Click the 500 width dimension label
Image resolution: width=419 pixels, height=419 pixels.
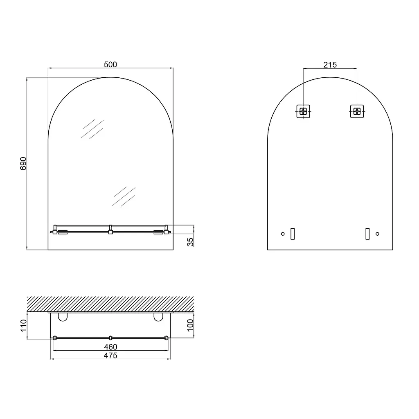tap(110, 64)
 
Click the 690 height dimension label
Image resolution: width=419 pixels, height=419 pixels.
tap(23, 164)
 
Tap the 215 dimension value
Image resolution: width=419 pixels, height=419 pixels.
tap(330, 65)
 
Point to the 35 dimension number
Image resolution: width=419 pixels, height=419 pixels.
tap(190, 242)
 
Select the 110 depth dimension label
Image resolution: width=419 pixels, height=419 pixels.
tap(23, 326)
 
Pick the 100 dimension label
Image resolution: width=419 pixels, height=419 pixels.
tap(190, 325)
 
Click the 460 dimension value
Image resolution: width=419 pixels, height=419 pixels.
tap(110, 347)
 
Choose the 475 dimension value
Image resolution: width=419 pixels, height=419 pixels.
tap(110, 356)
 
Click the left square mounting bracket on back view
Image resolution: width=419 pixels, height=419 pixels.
tap(303, 111)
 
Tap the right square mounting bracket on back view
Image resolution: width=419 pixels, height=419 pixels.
tap(357, 111)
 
